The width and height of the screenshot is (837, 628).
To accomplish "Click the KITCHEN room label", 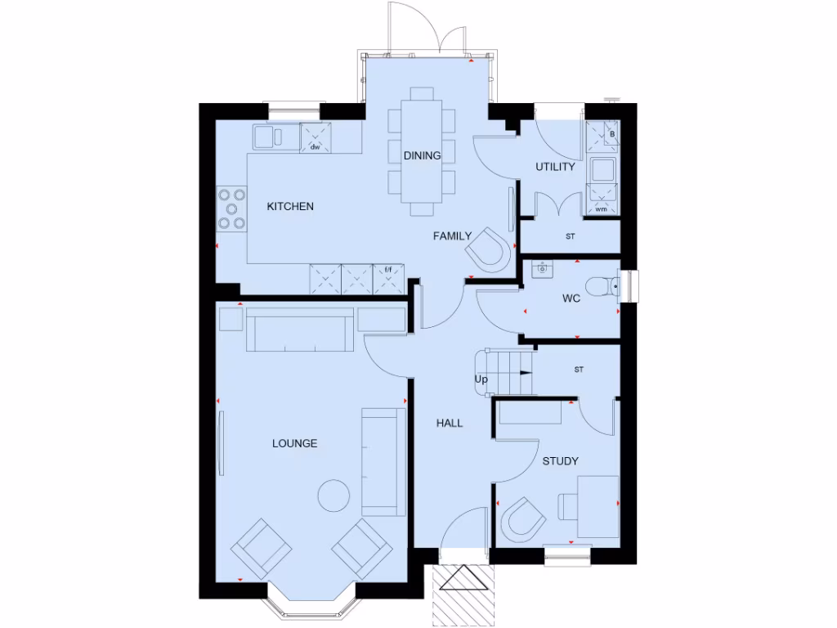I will [x=290, y=207].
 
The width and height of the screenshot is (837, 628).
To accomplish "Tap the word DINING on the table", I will [x=423, y=155].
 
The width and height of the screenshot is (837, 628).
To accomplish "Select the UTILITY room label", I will [x=555, y=167].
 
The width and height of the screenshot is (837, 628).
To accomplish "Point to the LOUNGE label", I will [x=294, y=443].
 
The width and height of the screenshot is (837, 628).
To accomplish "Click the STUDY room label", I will [x=560, y=461].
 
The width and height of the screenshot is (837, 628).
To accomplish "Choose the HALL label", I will [x=450, y=424].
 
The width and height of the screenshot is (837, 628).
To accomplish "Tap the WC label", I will [x=571, y=298].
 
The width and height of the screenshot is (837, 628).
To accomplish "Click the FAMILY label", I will [x=452, y=236].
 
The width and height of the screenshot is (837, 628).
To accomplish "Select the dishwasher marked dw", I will [x=315, y=137].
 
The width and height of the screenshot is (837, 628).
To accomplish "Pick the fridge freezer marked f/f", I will [x=389, y=278].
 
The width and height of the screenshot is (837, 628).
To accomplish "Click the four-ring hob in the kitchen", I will [x=231, y=209].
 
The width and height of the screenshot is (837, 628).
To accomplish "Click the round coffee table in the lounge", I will [x=333, y=495].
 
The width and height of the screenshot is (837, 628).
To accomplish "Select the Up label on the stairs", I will [x=481, y=380].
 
